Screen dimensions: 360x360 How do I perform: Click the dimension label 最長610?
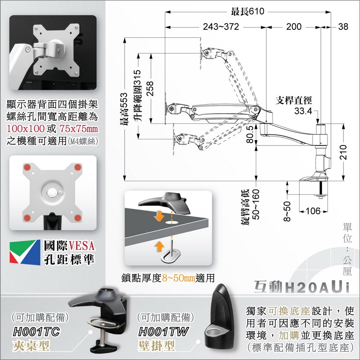click(248, 12)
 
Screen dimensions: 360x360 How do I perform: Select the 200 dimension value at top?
click(294, 27)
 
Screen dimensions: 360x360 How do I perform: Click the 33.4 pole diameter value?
click(303, 111)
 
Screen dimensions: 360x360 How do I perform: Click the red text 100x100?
click(26, 129)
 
